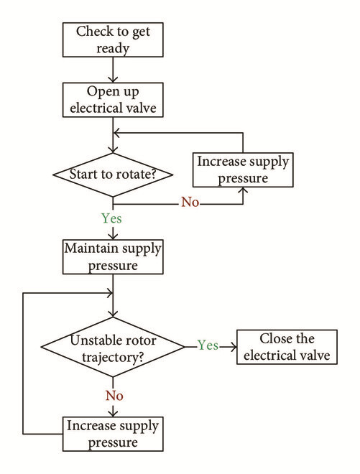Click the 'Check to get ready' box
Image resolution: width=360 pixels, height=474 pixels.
point(113,39)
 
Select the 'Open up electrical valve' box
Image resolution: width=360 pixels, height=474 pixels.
point(113,100)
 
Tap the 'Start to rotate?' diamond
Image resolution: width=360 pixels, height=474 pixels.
point(113,175)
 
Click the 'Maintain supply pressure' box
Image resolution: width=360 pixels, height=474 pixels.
point(113,257)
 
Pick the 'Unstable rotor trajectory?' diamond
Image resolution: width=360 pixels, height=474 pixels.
point(113,347)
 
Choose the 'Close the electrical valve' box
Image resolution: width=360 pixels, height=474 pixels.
point(287,347)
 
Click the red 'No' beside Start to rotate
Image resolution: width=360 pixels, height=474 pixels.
point(190,203)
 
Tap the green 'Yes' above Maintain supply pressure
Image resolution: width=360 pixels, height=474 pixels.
point(111,218)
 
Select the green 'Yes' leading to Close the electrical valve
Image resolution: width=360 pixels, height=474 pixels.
point(208,345)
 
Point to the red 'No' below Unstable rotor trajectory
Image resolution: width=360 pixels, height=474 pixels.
point(114,396)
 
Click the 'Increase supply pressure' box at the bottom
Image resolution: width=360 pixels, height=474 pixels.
point(113,434)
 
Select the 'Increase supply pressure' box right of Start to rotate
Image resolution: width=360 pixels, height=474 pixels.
point(243,170)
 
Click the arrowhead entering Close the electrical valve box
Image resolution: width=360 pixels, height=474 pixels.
point(234,347)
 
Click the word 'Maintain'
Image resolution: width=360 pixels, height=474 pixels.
point(91,248)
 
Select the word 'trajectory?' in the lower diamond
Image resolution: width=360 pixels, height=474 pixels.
point(113,358)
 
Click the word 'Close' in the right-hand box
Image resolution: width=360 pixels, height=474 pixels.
point(275,338)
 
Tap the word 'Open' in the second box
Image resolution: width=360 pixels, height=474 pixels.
point(100,92)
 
